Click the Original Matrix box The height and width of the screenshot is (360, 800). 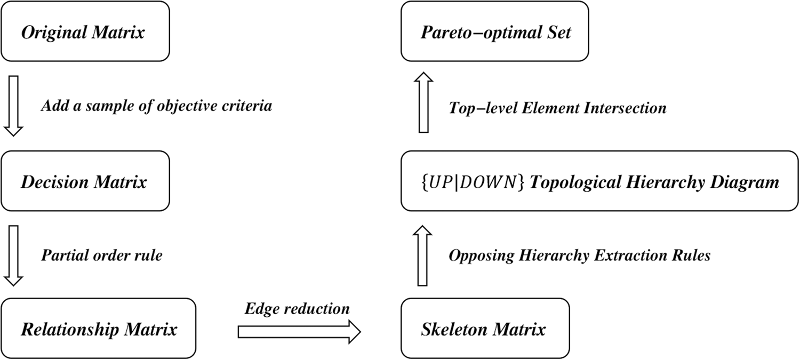tap(85, 32)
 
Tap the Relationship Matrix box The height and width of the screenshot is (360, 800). tap(99, 329)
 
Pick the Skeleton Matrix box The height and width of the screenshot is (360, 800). tap(484, 329)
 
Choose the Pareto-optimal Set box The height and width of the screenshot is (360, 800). tap(495, 32)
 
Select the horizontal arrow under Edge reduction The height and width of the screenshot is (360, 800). tap(299, 332)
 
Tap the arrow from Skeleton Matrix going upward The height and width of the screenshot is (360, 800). tap(422, 255)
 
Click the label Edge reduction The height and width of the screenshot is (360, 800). tap(297, 309)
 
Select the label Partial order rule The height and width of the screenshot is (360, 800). tap(102, 255)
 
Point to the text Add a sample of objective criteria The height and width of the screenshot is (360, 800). tap(157, 106)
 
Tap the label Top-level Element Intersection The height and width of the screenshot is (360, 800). tap(557, 108)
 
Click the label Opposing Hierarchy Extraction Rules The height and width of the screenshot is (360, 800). tap(579, 255)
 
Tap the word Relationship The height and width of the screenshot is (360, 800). tap(70, 329)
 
